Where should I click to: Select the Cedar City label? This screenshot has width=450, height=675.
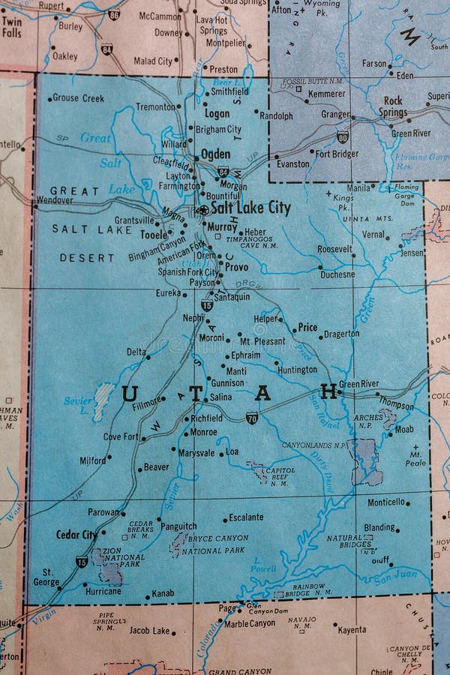[76, 535]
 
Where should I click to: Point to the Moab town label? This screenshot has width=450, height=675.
[403, 430]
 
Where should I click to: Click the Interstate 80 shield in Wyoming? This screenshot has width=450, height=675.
[342, 137]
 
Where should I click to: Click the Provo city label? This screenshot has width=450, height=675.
[236, 267]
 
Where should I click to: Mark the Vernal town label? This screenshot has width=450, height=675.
[373, 234]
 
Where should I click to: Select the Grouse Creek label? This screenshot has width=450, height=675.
[78, 98]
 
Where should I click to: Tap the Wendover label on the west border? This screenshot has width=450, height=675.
[54, 201]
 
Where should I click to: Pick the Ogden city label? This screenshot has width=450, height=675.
[215, 154]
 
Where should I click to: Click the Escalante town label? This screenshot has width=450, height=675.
[247, 517]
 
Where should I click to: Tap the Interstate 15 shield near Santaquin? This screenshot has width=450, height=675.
[207, 305]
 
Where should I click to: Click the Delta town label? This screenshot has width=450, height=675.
[136, 351]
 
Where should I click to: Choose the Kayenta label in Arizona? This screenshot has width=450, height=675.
[351, 631]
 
